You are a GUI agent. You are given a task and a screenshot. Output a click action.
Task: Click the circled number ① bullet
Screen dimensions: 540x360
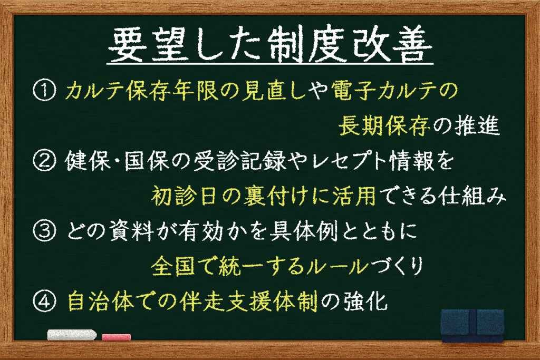(x=44, y=91)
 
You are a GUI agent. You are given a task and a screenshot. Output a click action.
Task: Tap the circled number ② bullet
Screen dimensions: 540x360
(x=44, y=161)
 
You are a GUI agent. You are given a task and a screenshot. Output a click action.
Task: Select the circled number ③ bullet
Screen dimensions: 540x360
(x=44, y=231)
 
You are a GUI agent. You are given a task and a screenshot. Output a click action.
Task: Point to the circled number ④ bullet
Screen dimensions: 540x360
(x=44, y=301)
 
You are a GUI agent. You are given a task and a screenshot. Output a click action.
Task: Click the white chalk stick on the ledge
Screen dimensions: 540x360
(x=72, y=335)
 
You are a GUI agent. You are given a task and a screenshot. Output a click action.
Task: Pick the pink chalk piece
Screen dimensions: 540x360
(x=117, y=337)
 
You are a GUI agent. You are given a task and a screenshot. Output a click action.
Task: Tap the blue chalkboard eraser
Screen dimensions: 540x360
(x=472, y=325)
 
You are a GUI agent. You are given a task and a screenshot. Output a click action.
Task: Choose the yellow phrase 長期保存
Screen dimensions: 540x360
(x=384, y=126)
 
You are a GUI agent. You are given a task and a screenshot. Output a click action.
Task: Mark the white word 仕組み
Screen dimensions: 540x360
(x=472, y=196)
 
